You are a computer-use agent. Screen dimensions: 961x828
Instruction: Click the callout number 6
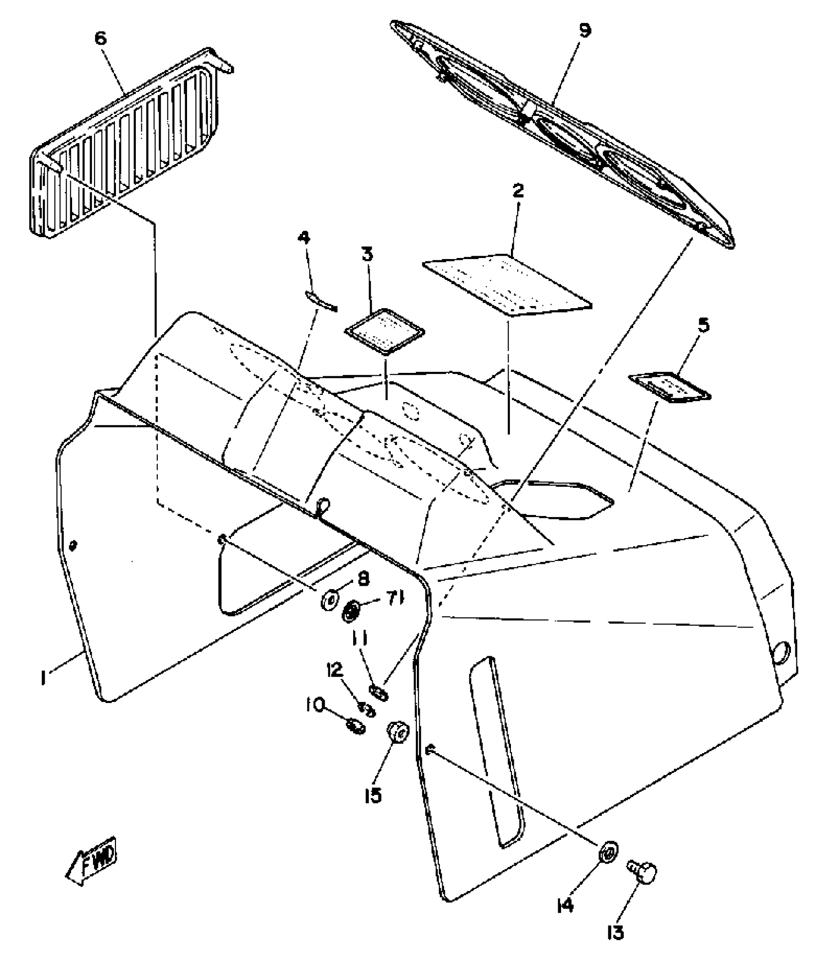tap(100, 38)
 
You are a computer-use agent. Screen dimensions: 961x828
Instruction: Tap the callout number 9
tap(585, 30)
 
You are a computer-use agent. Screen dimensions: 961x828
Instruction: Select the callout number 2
tap(518, 190)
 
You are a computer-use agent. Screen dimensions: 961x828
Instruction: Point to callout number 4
tap(303, 238)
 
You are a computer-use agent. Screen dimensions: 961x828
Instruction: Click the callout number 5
tap(703, 325)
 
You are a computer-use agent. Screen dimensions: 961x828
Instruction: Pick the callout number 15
tap(373, 796)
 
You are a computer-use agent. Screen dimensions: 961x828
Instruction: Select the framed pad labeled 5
tap(670, 387)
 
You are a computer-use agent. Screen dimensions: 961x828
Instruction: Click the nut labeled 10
tap(355, 728)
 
